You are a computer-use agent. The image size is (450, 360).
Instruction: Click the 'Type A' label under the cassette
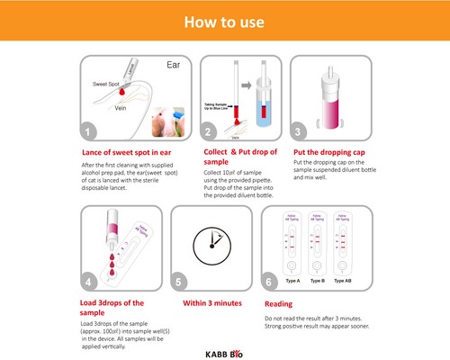point(292,281)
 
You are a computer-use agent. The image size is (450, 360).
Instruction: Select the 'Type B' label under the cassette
point(317,281)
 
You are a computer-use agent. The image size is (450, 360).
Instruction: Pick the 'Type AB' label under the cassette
point(342,281)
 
